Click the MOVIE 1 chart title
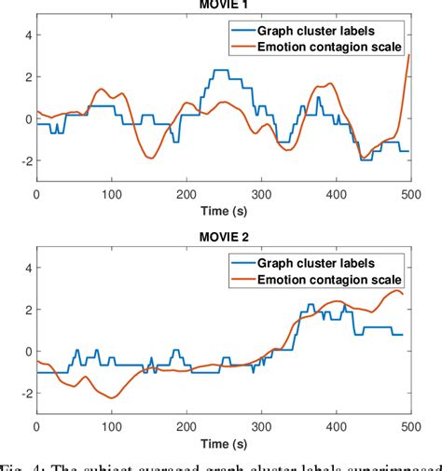coord(223,4)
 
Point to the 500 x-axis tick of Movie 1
coord(407,194)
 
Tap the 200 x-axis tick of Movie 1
coord(186,194)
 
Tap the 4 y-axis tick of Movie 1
coord(27,35)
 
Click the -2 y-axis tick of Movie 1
coord(24,160)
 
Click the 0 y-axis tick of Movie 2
coord(27,353)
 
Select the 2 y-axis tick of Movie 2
coord(27,310)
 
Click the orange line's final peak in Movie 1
coord(408,55)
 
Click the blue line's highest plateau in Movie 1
coord(220,70)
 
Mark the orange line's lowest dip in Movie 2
coord(111,397)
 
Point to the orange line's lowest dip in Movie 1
coord(150,158)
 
